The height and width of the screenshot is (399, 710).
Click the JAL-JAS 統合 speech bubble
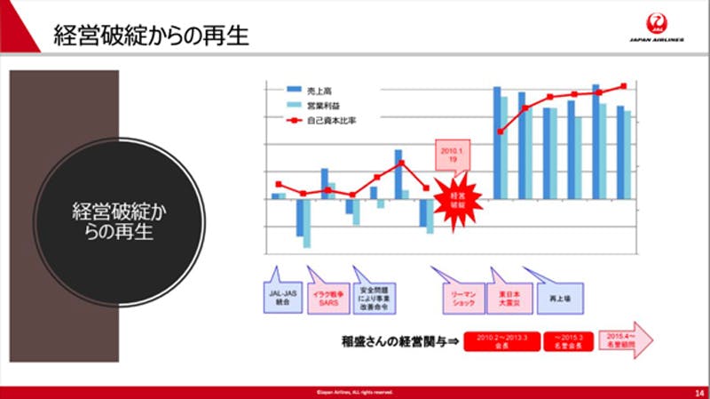coord(281,295)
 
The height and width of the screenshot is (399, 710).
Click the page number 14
coord(698,392)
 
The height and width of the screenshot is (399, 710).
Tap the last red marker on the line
coord(624,86)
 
